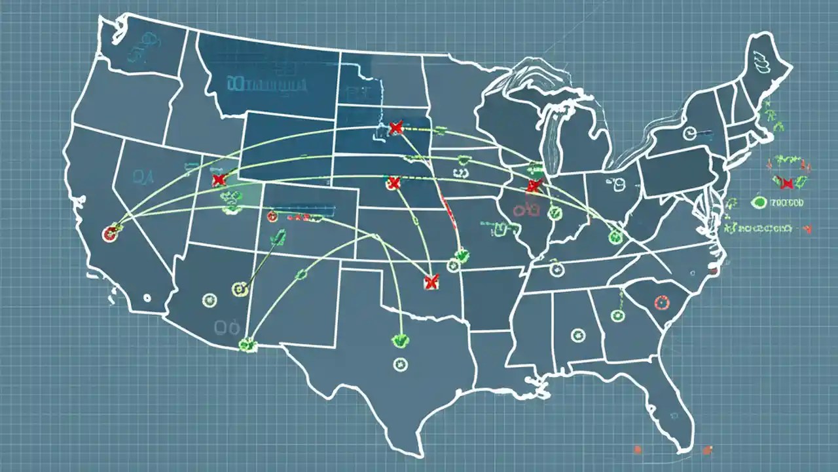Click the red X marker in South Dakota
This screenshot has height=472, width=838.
[x=395, y=128]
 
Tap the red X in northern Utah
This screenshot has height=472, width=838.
[x=219, y=180]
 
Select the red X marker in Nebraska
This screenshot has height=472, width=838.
[x=393, y=183]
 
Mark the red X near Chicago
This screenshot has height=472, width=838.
[x=534, y=186]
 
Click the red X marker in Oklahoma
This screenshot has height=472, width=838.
[x=430, y=282]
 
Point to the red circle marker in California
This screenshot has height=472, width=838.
[x=110, y=233]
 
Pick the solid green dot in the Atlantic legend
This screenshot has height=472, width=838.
[x=759, y=203]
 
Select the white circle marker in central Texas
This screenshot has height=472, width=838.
[x=399, y=364]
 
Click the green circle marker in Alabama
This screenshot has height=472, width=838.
[x=577, y=335]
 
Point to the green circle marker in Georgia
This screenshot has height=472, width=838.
[x=617, y=316]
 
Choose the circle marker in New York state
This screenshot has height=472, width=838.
[x=689, y=134]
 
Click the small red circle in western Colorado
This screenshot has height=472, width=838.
[x=272, y=216]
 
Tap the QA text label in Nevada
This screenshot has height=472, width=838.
[x=141, y=175]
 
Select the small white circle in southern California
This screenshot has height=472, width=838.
[x=146, y=297]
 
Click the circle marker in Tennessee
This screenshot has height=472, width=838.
[x=556, y=269]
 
